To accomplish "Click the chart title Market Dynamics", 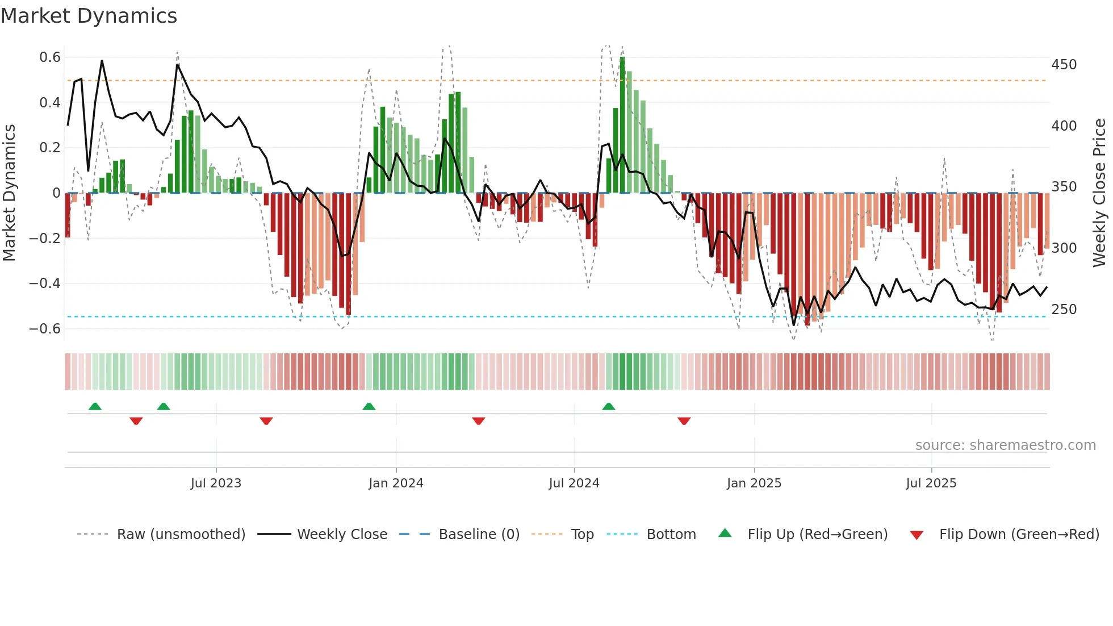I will click(x=89, y=16).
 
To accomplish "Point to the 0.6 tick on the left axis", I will click(x=50, y=57).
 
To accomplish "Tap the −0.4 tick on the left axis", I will click(x=45, y=283).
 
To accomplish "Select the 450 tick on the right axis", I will click(x=1064, y=65).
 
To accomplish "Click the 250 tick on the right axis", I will click(x=1064, y=310).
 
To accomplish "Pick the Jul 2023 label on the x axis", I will click(x=216, y=483).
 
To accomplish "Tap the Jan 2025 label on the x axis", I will click(x=754, y=483).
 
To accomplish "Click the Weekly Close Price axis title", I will click(x=1099, y=193).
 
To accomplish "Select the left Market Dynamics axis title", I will click(x=9, y=193).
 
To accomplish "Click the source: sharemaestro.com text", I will click(x=1005, y=445).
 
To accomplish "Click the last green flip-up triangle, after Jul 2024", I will click(x=609, y=407).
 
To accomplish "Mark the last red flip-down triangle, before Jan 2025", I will click(x=684, y=421).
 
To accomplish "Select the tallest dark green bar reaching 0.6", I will click(x=622, y=125).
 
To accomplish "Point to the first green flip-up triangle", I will click(x=95, y=407).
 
